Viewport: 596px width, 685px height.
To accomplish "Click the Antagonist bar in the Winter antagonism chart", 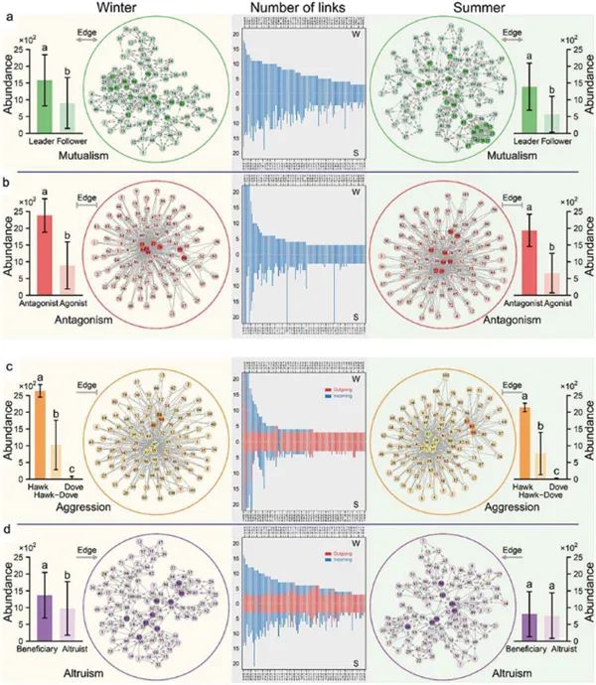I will [x=44, y=251].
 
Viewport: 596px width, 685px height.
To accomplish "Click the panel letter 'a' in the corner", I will [x=8, y=11].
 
